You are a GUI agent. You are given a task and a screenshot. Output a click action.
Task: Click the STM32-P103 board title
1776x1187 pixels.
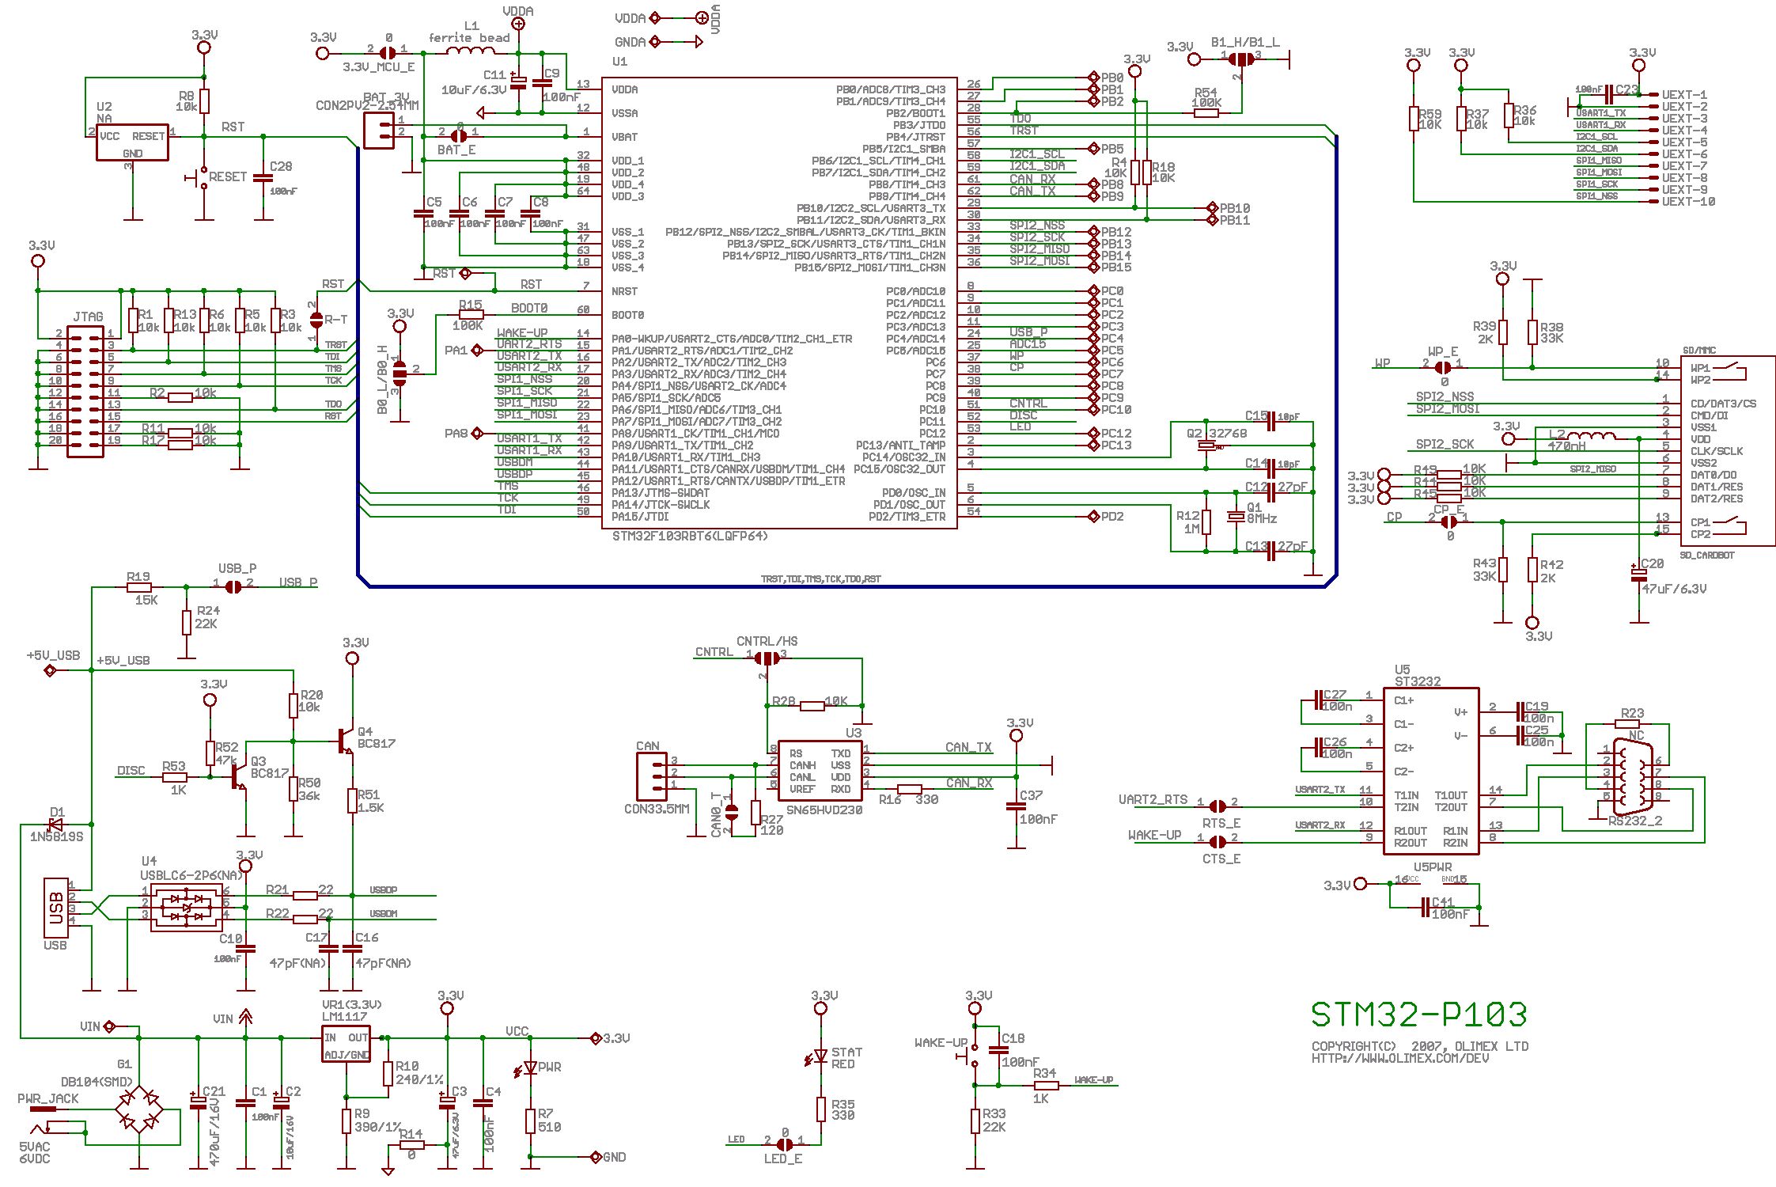1418,1014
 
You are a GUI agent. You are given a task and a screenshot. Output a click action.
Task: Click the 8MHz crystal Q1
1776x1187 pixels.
1235,517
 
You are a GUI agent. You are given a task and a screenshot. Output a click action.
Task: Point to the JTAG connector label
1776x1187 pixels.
87,317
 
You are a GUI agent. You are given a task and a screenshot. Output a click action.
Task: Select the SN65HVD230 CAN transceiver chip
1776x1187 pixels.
819,766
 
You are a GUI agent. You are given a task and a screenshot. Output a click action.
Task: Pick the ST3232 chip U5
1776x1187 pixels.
1430,770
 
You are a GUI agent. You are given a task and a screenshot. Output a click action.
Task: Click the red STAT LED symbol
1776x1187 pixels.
820,1056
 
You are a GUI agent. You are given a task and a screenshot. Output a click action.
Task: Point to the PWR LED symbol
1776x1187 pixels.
529,1069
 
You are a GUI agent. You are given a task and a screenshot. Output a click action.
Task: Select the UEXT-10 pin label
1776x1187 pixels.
1688,202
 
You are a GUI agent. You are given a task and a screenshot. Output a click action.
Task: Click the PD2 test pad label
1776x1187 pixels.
1111,517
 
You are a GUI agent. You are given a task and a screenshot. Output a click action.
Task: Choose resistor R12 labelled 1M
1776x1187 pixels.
1206,522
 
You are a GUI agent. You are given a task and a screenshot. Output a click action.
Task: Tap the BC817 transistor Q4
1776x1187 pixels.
346,741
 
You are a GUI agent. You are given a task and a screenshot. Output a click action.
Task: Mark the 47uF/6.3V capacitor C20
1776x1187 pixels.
1636,575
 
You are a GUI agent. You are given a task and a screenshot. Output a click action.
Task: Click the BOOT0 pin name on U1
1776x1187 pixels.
628,315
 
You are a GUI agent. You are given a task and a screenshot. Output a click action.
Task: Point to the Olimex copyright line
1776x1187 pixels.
1419,1046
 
